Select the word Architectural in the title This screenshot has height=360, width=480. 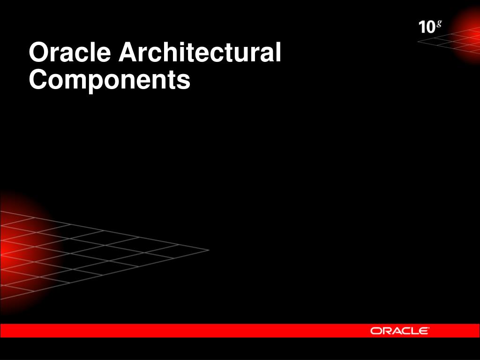coord(200,52)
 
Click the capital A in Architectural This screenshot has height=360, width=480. coord(127,52)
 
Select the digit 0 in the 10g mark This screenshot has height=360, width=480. coord(430,28)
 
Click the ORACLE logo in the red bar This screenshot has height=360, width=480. coord(399,331)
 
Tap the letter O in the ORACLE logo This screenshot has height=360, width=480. coord(376,331)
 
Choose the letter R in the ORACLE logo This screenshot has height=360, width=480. coord(386,331)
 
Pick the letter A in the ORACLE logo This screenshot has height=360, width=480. coord(397,331)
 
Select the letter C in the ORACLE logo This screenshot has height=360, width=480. coord(406,331)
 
